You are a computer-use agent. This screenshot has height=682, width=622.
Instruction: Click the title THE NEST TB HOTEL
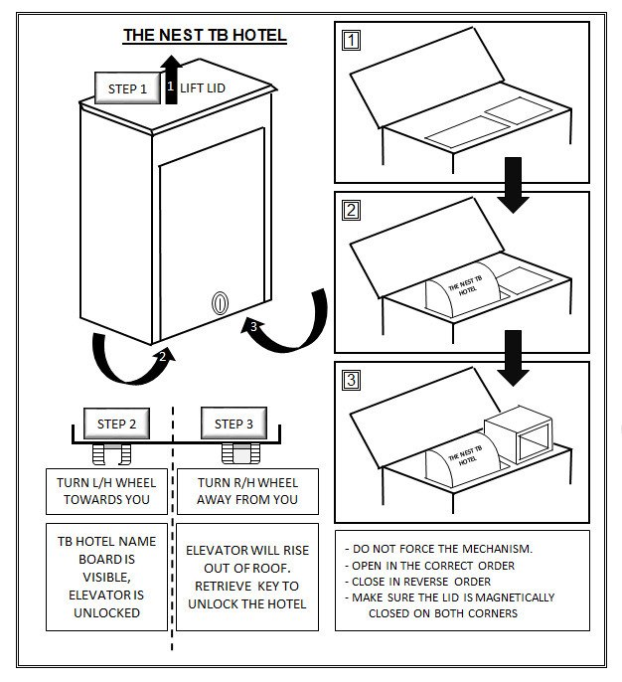coord(205,36)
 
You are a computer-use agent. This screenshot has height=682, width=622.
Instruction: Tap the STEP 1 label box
coord(127,88)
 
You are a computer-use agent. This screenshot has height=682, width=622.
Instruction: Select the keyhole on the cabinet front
coord(220,302)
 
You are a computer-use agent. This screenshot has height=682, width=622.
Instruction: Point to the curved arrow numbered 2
coord(129,360)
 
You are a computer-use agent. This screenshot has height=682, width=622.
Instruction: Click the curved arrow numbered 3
coord(287,324)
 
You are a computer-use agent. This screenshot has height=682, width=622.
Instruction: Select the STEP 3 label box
coord(234,425)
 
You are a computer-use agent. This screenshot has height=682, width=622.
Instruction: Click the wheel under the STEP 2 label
coord(110,454)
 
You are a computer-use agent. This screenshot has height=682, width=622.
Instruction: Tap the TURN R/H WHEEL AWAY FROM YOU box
coord(247,491)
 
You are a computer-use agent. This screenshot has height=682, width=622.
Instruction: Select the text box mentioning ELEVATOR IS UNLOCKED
coord(106,577)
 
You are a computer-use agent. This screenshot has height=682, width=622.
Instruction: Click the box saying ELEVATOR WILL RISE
coord(247,577)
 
